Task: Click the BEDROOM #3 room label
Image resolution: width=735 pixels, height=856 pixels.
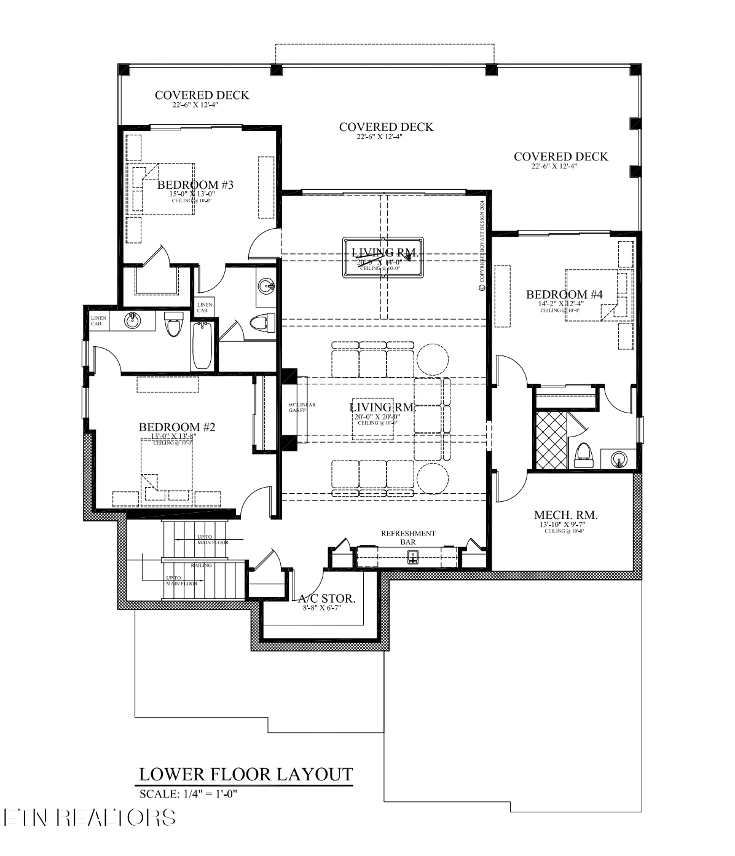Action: [195, 184]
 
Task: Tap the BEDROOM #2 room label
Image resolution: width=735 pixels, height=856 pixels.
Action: [176, 427]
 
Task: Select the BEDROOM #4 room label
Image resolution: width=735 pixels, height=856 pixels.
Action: [564, 295]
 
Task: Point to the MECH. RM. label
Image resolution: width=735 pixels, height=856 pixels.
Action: [565, 515]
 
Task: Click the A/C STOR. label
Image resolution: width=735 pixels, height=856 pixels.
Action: [327, 598]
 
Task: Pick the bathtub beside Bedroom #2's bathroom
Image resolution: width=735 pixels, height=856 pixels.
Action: [202, 346]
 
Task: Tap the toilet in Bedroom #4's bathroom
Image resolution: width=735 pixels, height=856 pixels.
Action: [583, 454]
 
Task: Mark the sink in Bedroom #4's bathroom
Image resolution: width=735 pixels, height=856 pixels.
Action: [618, 458]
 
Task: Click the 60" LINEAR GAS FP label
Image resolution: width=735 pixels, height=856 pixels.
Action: [302, 408]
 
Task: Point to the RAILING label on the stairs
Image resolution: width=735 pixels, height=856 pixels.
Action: [201, 565]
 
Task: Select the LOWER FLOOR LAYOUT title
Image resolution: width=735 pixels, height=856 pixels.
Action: [246, 774]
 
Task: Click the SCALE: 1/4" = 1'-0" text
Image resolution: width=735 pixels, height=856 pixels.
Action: [188, 793]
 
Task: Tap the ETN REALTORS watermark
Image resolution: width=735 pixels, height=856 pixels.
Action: [90, 817]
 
